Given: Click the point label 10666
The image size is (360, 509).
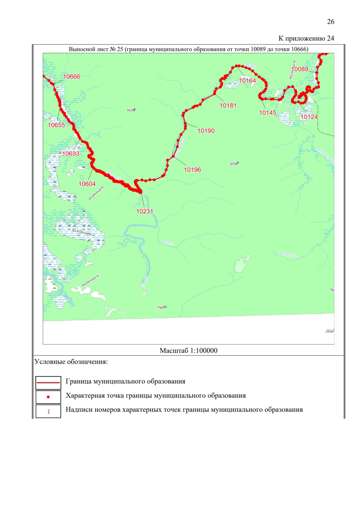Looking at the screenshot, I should point(72,76).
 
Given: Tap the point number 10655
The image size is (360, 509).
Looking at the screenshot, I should point(56,125).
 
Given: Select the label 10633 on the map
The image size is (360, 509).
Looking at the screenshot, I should point(71,154).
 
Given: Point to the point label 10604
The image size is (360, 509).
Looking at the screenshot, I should point(87,184).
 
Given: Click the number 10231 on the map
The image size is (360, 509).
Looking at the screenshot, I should point(145,211).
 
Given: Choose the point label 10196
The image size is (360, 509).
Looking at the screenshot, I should point(192,170).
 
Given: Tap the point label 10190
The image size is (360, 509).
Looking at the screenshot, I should point(206,131).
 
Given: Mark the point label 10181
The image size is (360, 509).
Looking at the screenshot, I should point(228,106).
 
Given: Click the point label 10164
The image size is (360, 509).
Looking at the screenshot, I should point(247,81).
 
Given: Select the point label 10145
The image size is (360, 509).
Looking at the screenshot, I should point(268,113).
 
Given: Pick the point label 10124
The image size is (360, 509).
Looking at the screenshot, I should point(309,117).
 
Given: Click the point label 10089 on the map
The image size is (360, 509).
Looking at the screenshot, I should point(300,69).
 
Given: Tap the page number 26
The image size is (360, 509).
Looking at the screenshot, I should point(330,22).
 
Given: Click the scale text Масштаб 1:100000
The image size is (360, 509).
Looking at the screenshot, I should point(188,350).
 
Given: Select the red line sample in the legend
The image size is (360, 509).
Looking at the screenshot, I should point(48,383).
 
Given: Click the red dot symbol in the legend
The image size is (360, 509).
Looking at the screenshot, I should point(48,397).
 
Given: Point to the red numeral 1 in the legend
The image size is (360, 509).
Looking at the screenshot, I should point(49,412).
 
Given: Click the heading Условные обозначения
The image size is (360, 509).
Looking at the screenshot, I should point(71,362).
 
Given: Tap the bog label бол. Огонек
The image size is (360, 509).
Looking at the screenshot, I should point(82,232).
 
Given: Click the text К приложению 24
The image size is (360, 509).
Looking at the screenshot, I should point(306,38).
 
